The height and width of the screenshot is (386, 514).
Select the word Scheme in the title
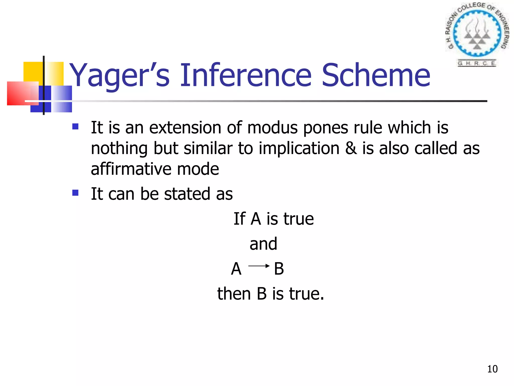coord(376,75)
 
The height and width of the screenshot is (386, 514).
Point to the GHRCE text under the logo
coord(476,63)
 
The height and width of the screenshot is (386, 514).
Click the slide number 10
coord(492,369)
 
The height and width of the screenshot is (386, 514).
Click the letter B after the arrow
coord(279,269)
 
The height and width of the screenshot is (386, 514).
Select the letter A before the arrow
coord(236,269)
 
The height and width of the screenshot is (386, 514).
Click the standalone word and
coord(263,244)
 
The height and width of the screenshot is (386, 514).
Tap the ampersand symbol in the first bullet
coord(351,148)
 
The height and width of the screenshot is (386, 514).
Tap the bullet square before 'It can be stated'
coord(75,193)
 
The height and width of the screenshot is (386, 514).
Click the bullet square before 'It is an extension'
coord(75,126)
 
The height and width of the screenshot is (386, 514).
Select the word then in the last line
coord(234,294)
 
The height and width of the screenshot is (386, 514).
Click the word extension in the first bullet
coord(185,127)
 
